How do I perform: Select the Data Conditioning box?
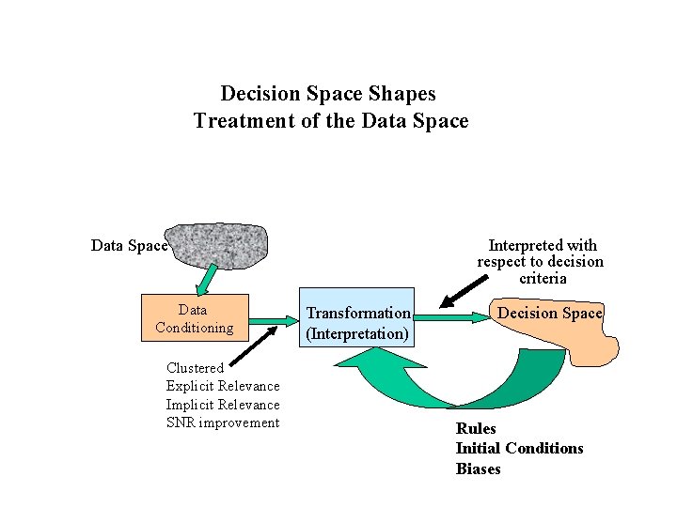pos(194,318)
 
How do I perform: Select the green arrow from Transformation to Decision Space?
pos(451,318)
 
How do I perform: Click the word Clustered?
pos(195,368)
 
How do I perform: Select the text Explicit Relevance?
pos(223,386)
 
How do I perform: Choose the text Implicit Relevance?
pos(223,405)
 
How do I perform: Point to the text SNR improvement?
pos(223,422)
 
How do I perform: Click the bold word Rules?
pos(476,428)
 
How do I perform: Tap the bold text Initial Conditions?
pos(519,448)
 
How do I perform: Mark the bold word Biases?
pos(478,469)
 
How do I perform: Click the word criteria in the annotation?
pos(543,278)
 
